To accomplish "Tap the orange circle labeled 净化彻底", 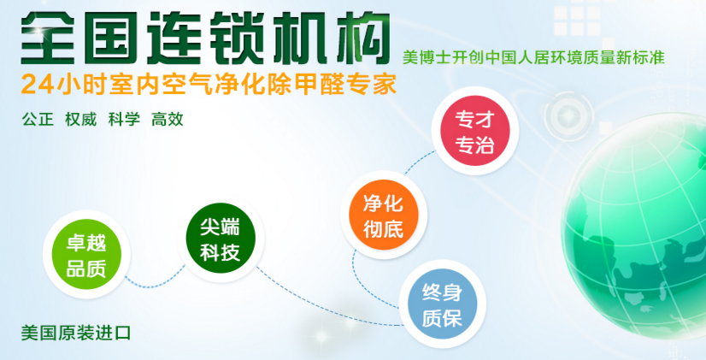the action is coord(384,215).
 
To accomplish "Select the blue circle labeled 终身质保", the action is coord(442,304).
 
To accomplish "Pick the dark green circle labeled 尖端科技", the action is coord(221,238).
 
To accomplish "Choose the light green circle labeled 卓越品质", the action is coord(86,254).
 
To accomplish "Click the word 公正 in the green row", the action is coord(38,120).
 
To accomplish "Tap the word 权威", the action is coord(81,120).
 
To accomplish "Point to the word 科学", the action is coord(124,120).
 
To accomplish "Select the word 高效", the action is coord(168,120).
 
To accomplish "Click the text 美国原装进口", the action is coord(76,333).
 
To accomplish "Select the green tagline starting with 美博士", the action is coord(533,57).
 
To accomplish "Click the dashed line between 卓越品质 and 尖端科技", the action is coord(156,282).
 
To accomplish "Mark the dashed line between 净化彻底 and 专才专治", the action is coord(418,162).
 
